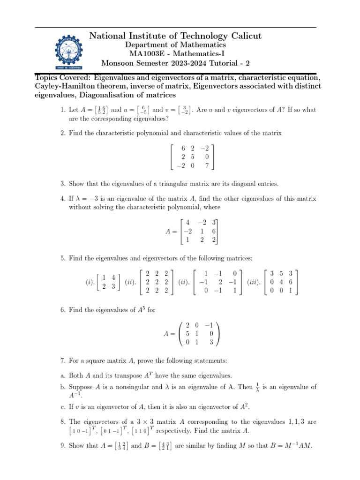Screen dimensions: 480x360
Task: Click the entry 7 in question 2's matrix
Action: click(207, 165)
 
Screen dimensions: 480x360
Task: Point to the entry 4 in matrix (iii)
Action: click(282, 282)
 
